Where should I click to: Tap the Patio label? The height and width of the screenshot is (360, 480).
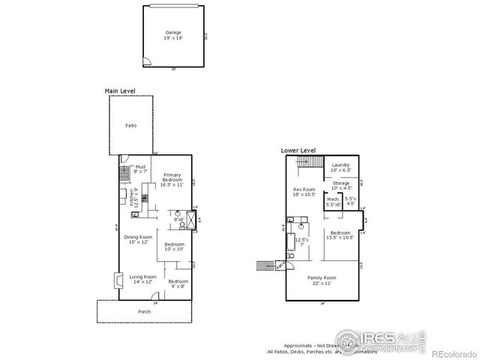(130, 124)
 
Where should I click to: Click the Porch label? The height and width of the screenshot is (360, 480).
(143, 310)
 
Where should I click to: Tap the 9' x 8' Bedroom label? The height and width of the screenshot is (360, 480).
(178, 283)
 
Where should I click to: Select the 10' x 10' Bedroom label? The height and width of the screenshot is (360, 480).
(175, 247)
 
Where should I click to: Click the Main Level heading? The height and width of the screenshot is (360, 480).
(120, 91)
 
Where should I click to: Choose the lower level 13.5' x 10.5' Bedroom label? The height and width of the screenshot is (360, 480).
(341, 235)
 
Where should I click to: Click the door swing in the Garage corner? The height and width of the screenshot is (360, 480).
(148, 62)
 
